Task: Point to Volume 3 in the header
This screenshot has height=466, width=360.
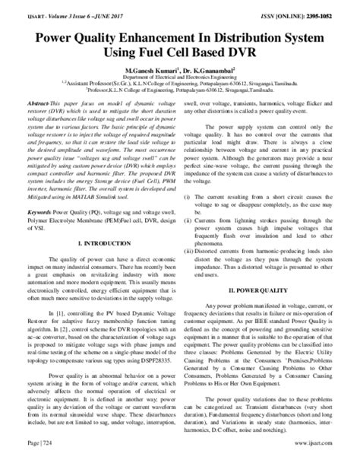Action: coord(49,11)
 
